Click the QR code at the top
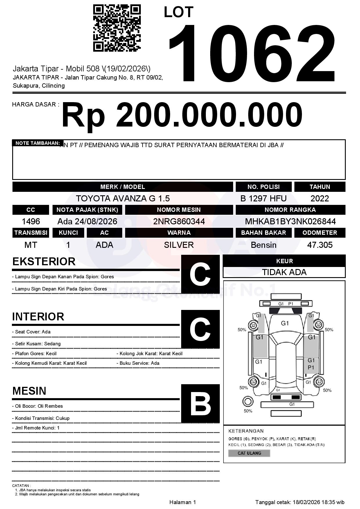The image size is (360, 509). (x=117, y=28)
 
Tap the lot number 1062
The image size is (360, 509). (x=252, y=53)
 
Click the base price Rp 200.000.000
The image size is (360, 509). (x=182, y=115)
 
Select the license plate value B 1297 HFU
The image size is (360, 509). (x=263, y=198)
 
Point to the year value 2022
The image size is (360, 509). (x=320, y=198)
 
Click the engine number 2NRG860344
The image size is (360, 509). (x=179, y=221)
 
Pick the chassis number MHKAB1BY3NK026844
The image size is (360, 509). (x=290, y=221)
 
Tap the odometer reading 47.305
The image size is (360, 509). (x=320, y=245)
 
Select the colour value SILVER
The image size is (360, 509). (x=179, y=245)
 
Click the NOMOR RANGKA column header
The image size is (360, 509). (x=290, y=210)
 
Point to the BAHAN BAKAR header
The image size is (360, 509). (x=263, y=233)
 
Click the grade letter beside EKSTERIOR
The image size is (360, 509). (x=200, y=274)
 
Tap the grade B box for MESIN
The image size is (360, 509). (x=200, y=403)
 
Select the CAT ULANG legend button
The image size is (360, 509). (x=249, y=453)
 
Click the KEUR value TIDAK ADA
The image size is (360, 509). (x=284, y=272)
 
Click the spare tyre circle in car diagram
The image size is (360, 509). (x=248, y=402)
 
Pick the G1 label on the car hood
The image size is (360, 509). (x=285, y=323)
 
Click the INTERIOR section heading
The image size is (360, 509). (x=38, y=317)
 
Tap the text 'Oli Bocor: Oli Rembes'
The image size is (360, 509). (x=39, y=406)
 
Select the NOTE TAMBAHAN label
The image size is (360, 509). (x=37, y=143)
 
